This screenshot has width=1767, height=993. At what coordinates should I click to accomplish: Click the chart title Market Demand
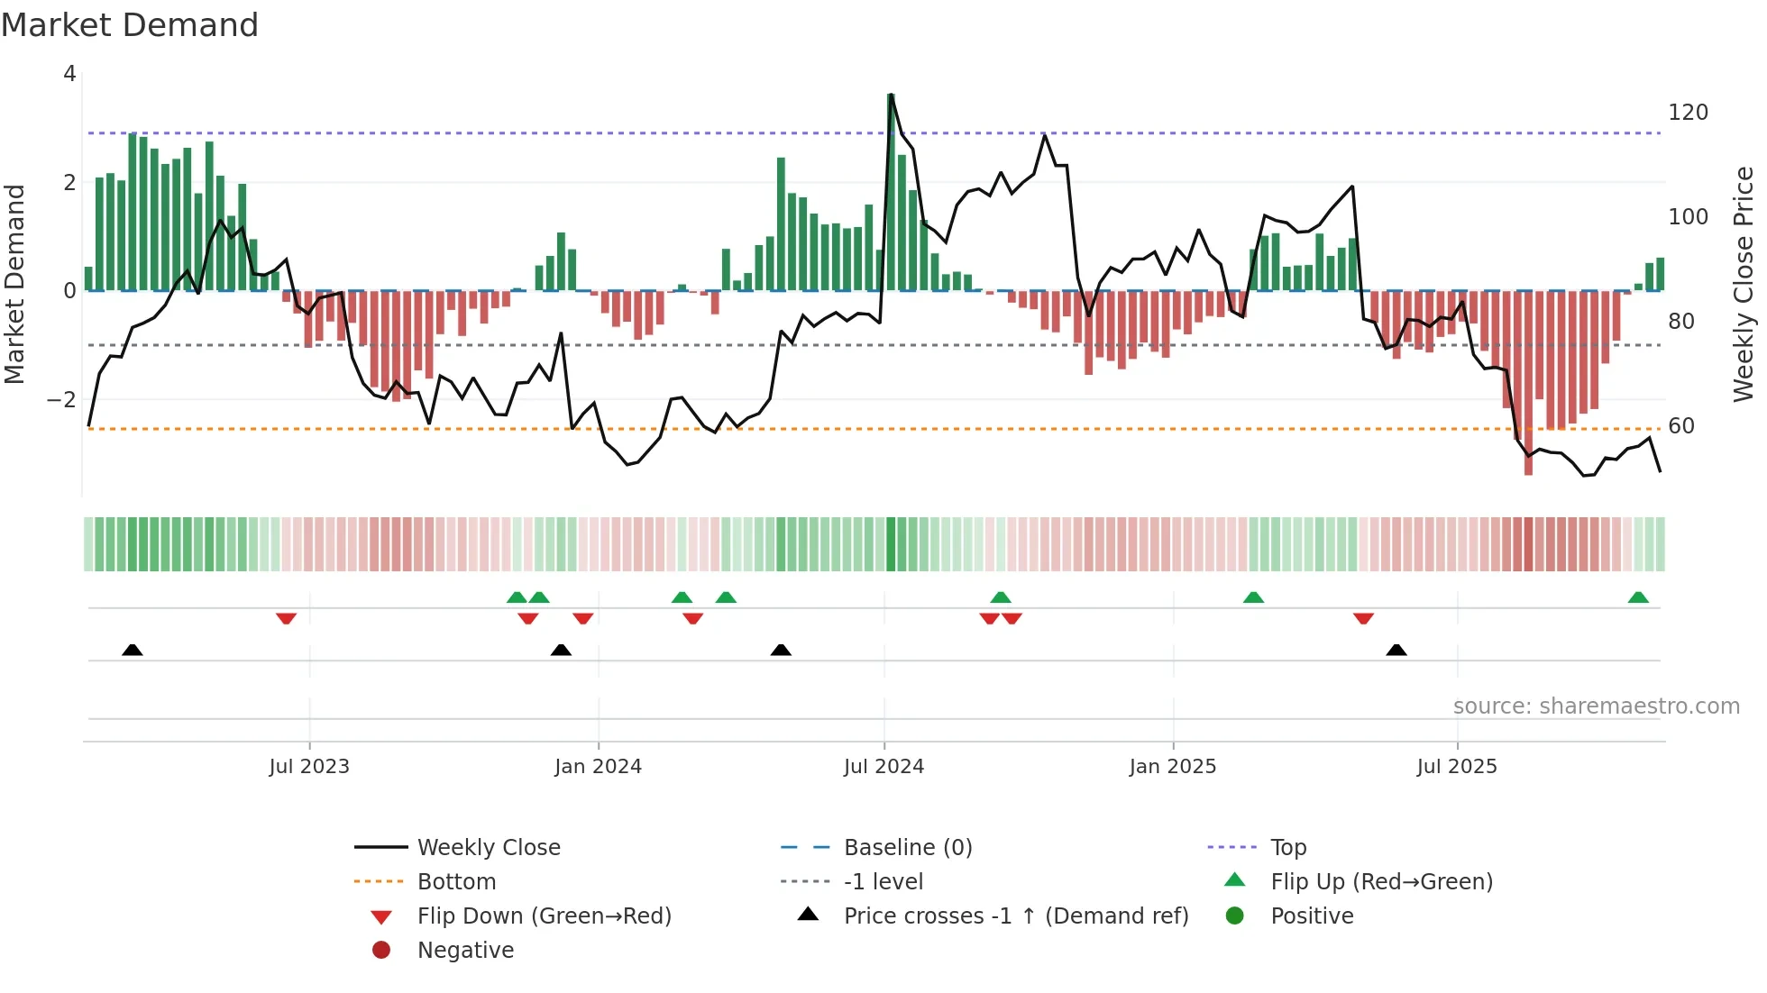[130, 25]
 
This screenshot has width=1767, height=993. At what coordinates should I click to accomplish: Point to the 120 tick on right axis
[1688, 113]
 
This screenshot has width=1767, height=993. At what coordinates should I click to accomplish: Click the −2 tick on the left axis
[62, 399]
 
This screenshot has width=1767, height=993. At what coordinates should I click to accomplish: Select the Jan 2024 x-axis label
[598, 767]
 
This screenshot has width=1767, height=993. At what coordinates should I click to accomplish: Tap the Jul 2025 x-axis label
[1456, 767]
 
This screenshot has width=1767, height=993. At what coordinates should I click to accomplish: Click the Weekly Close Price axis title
[1744, 284]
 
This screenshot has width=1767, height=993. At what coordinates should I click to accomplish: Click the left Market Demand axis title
[14, 284]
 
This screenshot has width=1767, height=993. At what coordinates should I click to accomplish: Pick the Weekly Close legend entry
[488, 848]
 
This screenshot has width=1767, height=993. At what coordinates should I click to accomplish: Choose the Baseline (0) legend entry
[907, 848]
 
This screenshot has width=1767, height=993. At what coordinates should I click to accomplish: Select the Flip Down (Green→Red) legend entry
[544, 916]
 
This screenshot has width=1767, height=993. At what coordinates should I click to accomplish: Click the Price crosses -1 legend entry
[1015, 916]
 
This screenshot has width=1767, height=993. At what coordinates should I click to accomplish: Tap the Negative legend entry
[465, 951]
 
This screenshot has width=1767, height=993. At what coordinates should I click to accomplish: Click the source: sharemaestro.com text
[1596, 706]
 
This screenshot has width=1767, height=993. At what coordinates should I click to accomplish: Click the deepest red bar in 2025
[1528, 383]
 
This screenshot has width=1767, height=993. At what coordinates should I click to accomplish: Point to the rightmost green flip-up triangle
[1638, 597]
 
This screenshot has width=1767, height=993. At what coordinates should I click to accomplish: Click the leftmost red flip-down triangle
[286, 618]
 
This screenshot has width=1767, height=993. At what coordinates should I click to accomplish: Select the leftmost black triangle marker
[133, 650]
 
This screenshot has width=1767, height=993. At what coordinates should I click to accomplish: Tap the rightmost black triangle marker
[1396, 650]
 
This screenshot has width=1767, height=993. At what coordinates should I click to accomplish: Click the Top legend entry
[1287, 848]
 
